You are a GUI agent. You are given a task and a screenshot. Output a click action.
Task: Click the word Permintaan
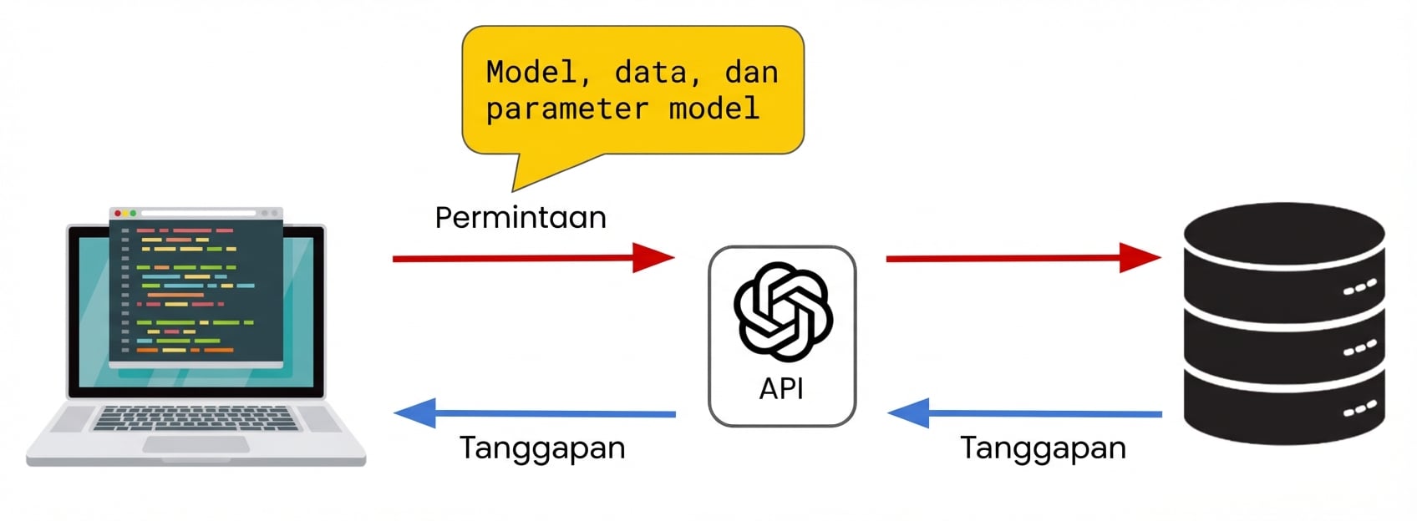(x=520, y=218)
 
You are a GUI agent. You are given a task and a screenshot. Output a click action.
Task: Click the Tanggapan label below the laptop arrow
(x=541, y=448)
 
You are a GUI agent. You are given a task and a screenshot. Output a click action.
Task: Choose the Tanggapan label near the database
(x=1042, y=448)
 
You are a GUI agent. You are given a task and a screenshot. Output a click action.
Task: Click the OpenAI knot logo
(x=783, y=311)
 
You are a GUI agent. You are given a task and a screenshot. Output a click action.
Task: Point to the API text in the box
(x=781, y=388)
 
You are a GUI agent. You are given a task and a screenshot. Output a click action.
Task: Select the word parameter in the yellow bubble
(x=566, y=109)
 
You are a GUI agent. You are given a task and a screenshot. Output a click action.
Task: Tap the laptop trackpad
(x=196, y=444)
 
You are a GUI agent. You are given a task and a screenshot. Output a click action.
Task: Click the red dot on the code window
(x=118, y=214)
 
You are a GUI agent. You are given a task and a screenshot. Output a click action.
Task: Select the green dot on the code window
(x=133, y=214)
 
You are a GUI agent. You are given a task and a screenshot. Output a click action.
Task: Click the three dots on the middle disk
(x=1359, y=348)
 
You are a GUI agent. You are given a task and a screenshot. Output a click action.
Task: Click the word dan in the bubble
(x=751, y=73)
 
